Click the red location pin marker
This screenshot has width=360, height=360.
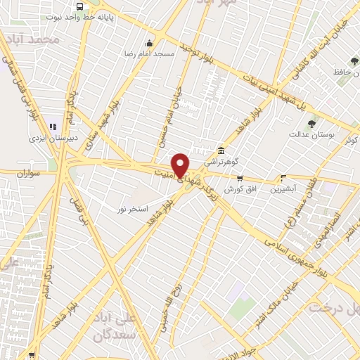[x=181, y=165]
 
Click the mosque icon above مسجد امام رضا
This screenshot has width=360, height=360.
[x=148, y=43]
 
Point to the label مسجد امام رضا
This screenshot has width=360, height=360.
[x=148, y=53]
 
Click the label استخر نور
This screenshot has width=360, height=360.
[x=133, y=209]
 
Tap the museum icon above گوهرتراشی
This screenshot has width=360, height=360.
[x=221, y=150]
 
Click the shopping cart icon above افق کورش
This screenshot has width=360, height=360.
[x=240, y=178]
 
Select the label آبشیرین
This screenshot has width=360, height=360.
[x=285, y=188]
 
